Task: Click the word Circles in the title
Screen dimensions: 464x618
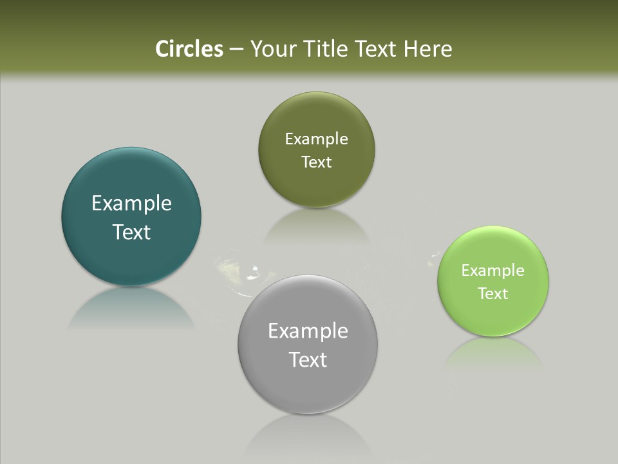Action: tap(189, 49)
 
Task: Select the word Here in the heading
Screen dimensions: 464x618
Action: tap(428, 49)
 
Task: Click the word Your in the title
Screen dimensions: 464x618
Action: tap(273, 49)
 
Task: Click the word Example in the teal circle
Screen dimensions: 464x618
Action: tap(131, 204)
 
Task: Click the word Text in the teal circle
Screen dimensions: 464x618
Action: tap(131, 232)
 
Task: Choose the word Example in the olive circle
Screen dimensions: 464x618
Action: tap(316, 139)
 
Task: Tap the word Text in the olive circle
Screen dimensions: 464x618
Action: tap(316, 162)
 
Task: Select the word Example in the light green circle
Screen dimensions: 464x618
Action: tap(493, 270)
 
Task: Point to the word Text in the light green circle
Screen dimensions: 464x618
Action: tap(493, 293)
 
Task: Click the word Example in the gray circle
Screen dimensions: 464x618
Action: tap(308, 331)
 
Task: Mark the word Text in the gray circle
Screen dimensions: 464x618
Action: tap(308, 360)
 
